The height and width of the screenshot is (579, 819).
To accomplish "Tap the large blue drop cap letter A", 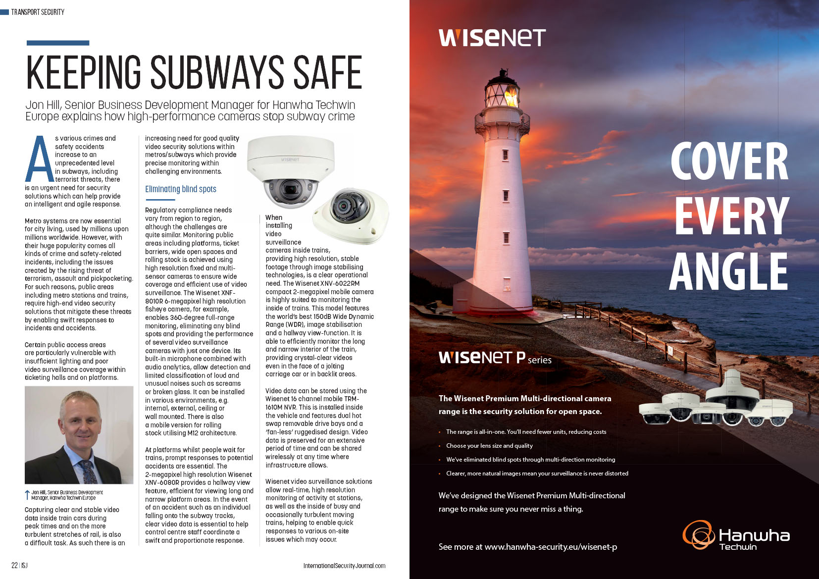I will pyautogui.click(x=40, y=159).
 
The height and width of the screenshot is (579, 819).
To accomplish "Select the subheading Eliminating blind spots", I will pyautogui.click(x=181, y=189).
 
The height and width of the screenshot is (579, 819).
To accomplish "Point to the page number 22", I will pyautogui.click(x=15, y=566).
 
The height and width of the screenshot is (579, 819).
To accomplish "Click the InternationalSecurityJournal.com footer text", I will pyautogui.click(x=344, y=566).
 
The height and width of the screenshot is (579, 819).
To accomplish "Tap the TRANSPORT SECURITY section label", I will pyautogui.click(x=38, y=12).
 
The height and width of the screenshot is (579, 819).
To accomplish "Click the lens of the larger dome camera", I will pyautogui.click(x=290, y=189).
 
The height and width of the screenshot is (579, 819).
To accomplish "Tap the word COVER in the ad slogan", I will pyautogui.click(x=729, y=161).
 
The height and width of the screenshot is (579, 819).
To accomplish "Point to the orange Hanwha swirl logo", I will pyautogui.click(x=698, y=535).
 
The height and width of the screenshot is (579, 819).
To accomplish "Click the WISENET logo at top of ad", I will pyautogui.click(x=492, y=38).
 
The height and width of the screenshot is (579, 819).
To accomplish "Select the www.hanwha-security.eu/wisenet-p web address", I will pyautogui.click(x=551, y=547).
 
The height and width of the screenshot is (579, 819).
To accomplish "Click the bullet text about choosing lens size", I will pyautogui.click(x=489, y=446).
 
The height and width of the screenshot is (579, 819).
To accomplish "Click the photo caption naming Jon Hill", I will pyautogui.click(x=67, y=495).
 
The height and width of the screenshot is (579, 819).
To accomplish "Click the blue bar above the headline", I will pyautogui.click(x=58, y=43).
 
